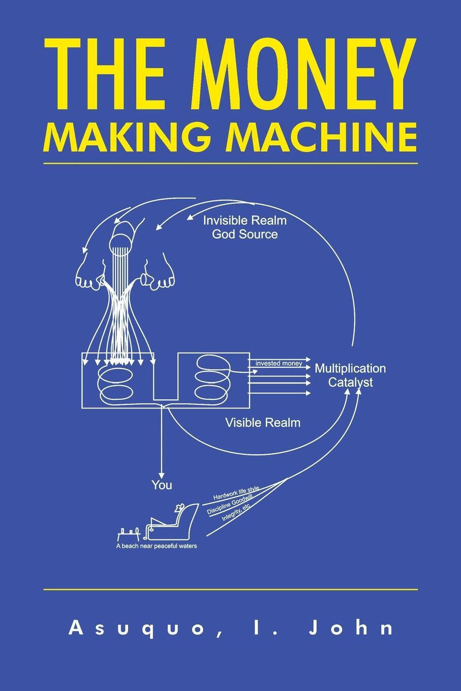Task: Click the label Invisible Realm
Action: [244, 221]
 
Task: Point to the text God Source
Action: [244, 234]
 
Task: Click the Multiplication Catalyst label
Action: [350, 375]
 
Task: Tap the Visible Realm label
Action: [262, 422]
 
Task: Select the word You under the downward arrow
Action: [162, 485]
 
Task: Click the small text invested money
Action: [279, 363]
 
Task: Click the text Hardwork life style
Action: [236, 492]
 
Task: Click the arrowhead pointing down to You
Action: [162, 473]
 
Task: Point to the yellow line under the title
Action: [230, 164]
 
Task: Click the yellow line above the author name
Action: [230, 589]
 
